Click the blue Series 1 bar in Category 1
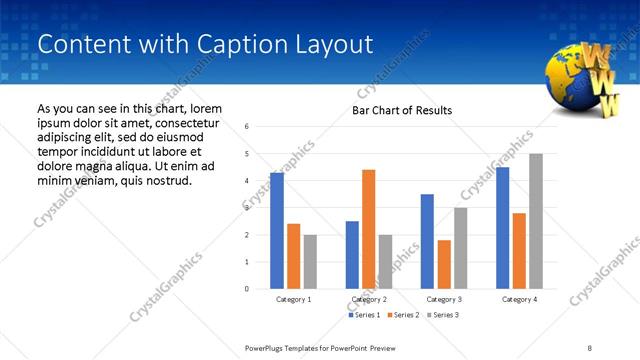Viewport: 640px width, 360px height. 277,231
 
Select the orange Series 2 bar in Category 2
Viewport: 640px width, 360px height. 368,229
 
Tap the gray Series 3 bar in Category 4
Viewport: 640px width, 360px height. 536,221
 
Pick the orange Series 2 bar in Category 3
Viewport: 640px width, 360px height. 444,264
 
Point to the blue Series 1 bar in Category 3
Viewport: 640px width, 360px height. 427,241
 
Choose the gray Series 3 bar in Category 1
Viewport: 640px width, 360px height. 310,262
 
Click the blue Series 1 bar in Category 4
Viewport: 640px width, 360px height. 502,228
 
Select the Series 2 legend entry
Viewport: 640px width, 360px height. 402,315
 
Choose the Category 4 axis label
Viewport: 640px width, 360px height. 519,299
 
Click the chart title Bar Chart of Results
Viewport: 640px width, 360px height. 402,110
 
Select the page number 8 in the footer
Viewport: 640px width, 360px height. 589,347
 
